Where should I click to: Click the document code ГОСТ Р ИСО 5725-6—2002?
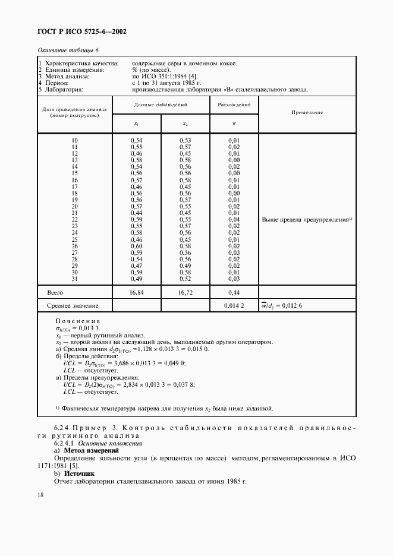[x=83, y=31]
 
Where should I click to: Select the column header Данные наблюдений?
[x=161, y=103]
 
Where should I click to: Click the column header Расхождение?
[x=234, y=103]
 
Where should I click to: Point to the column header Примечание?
[x=307, y=112]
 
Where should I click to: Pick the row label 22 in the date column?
[x=75, y=220]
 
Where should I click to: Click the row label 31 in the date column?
[x=75, y=279]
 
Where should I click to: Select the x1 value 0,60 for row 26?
[x=136, y=246]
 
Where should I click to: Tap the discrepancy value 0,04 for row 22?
[x=234, y=220]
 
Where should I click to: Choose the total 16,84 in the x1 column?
[x=137, y=292]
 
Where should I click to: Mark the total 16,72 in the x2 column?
[x=186, y=292]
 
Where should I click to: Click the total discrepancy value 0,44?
[x=234, y=292]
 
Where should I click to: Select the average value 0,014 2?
[x=234, y=306]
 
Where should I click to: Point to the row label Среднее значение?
[x=73, y=306]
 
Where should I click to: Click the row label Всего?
[x=55, y=292]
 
